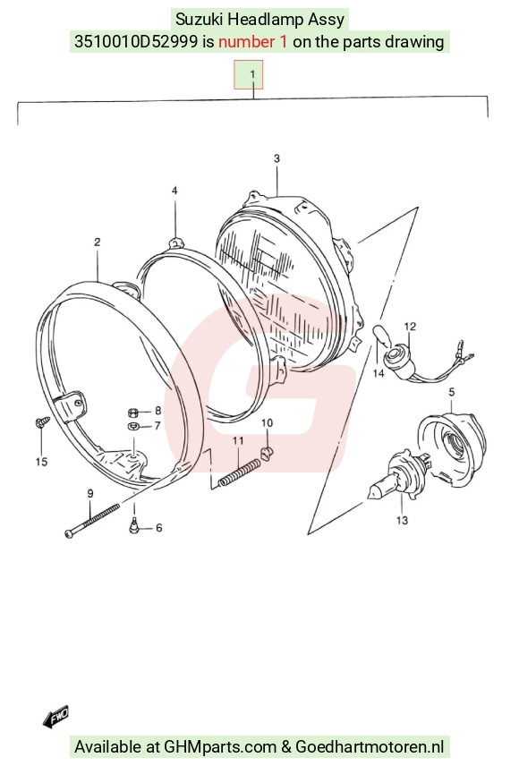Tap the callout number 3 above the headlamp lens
click(x=277, y=158)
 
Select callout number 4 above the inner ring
click(x=174, y=191)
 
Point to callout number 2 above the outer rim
click(x=98, y=242)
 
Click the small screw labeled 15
click(x=41, y=421)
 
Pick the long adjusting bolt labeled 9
click(x=92, y=521)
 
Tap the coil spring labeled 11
click(x=239, y=472)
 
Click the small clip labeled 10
click(x=267, y=453)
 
